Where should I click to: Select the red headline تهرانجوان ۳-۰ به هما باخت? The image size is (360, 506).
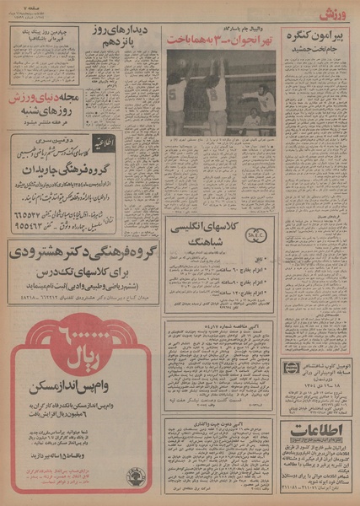[x=219, y=40]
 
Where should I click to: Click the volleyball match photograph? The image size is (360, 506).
[x=220, y=94]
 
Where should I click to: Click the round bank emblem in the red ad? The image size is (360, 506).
[x=135, y=476]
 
